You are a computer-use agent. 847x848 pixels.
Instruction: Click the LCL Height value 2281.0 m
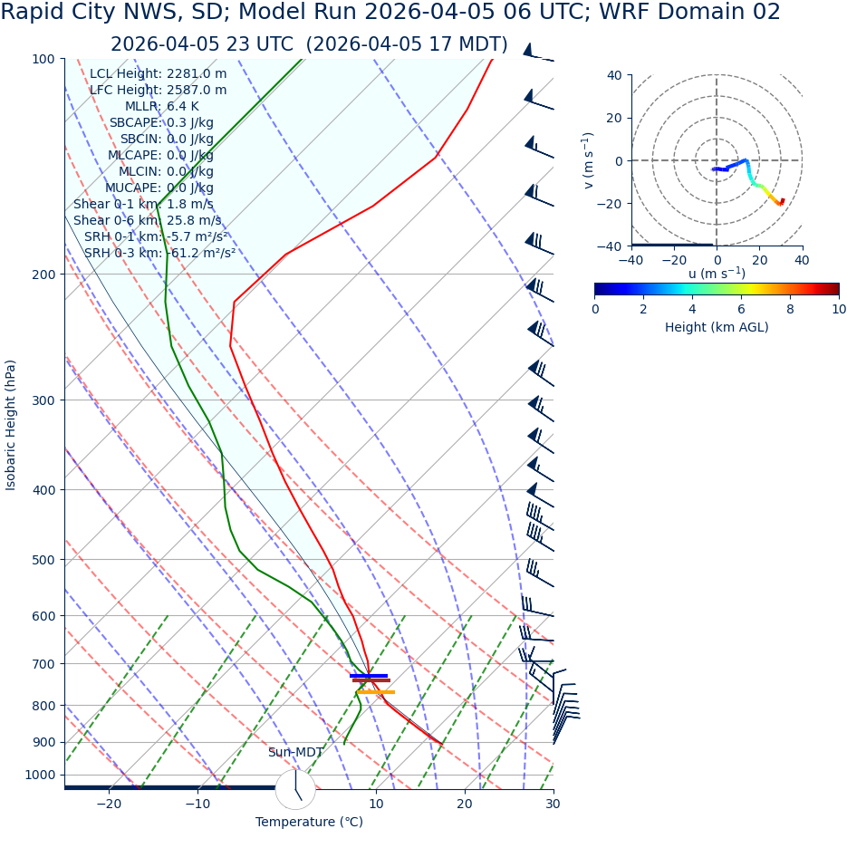[x=197, y=73]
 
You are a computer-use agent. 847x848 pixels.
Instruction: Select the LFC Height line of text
[x=158, y=90]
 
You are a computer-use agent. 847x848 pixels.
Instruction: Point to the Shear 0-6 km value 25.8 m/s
[x=194, y=220]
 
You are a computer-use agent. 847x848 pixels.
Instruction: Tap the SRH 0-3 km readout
[x=159, y=253]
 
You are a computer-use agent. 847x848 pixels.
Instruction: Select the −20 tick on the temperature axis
[x=108, y=804]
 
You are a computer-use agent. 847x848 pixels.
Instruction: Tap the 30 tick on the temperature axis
[x=553, y=804]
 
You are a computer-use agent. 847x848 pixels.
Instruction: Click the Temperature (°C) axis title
[x=309, y=822]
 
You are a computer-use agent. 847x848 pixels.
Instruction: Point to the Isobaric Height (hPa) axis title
[x=11, y=425]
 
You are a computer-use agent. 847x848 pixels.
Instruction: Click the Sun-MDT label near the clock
[x=295, y=753]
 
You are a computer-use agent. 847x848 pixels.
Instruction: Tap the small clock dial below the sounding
[x=295, y=789]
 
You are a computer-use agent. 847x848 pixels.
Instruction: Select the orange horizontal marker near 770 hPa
[x=375, y=692]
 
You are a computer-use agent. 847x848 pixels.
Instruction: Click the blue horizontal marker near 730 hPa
[x=369, y=675]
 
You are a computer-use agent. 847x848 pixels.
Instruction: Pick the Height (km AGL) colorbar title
[x=717, y=327]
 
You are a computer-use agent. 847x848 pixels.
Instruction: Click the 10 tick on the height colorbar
[x=839, y=309]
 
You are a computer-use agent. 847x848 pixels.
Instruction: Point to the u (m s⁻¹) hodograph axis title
[x=717, y=274]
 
